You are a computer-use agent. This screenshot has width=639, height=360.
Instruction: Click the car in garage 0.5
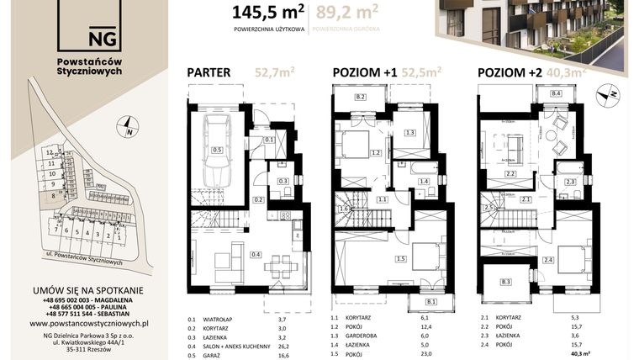(217, 151)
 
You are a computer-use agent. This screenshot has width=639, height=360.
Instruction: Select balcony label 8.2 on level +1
(361, 98)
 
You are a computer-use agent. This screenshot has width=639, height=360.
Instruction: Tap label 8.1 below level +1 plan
(432, 301)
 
